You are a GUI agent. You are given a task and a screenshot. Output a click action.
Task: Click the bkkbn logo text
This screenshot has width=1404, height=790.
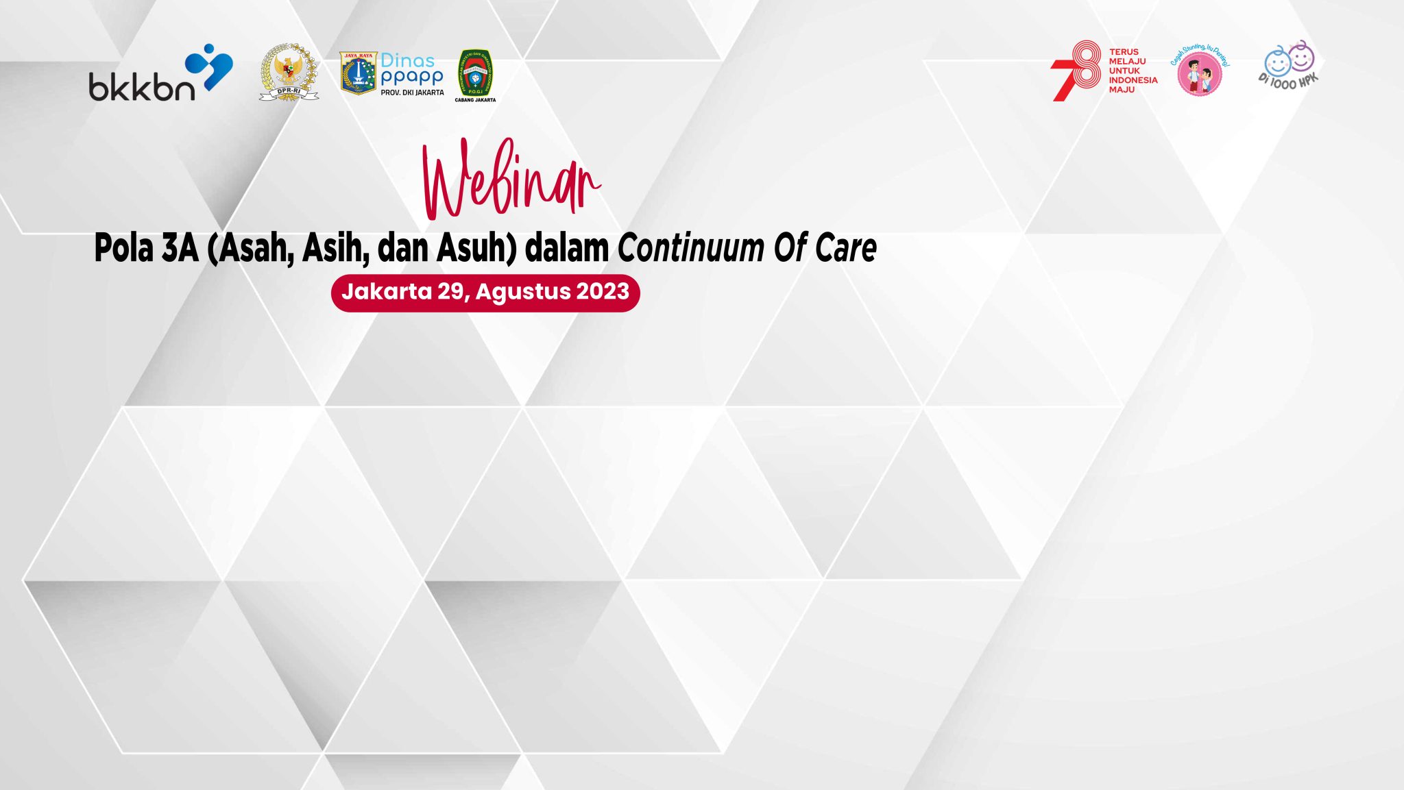(x=141, y=88)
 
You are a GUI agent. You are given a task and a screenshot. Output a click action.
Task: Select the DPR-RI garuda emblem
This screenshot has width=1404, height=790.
(x=289, y=73)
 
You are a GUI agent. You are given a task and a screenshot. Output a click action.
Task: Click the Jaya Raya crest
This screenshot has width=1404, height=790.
(x=358, y=73)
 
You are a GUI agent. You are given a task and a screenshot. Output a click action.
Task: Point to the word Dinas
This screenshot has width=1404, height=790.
(x=407, y=60)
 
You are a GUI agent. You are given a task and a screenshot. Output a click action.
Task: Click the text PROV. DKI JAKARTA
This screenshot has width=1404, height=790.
(x=412, y=92)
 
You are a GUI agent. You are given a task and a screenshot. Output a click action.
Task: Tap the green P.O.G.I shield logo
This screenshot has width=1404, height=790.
(x=475, y=72)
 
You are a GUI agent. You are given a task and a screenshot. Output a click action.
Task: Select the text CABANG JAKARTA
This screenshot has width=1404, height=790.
(x=475, y=100)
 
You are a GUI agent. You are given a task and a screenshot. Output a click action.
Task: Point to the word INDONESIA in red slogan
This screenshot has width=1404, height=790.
(x=1133, y=80)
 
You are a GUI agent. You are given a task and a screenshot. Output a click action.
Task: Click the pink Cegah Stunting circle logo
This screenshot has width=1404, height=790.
(x=1199, y=73)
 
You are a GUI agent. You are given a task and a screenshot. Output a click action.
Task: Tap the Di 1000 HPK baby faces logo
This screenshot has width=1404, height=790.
(x=1289, y=65)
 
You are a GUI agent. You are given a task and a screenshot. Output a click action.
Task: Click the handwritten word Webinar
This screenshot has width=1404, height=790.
(x=510, y=180)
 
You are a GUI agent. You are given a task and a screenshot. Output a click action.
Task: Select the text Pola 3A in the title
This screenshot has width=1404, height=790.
(x=146, y=248)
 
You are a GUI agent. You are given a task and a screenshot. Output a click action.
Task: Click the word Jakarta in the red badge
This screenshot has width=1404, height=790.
(x=387, y=292)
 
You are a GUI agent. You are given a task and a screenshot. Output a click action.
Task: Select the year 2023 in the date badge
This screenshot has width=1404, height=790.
(x=603, y=292)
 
